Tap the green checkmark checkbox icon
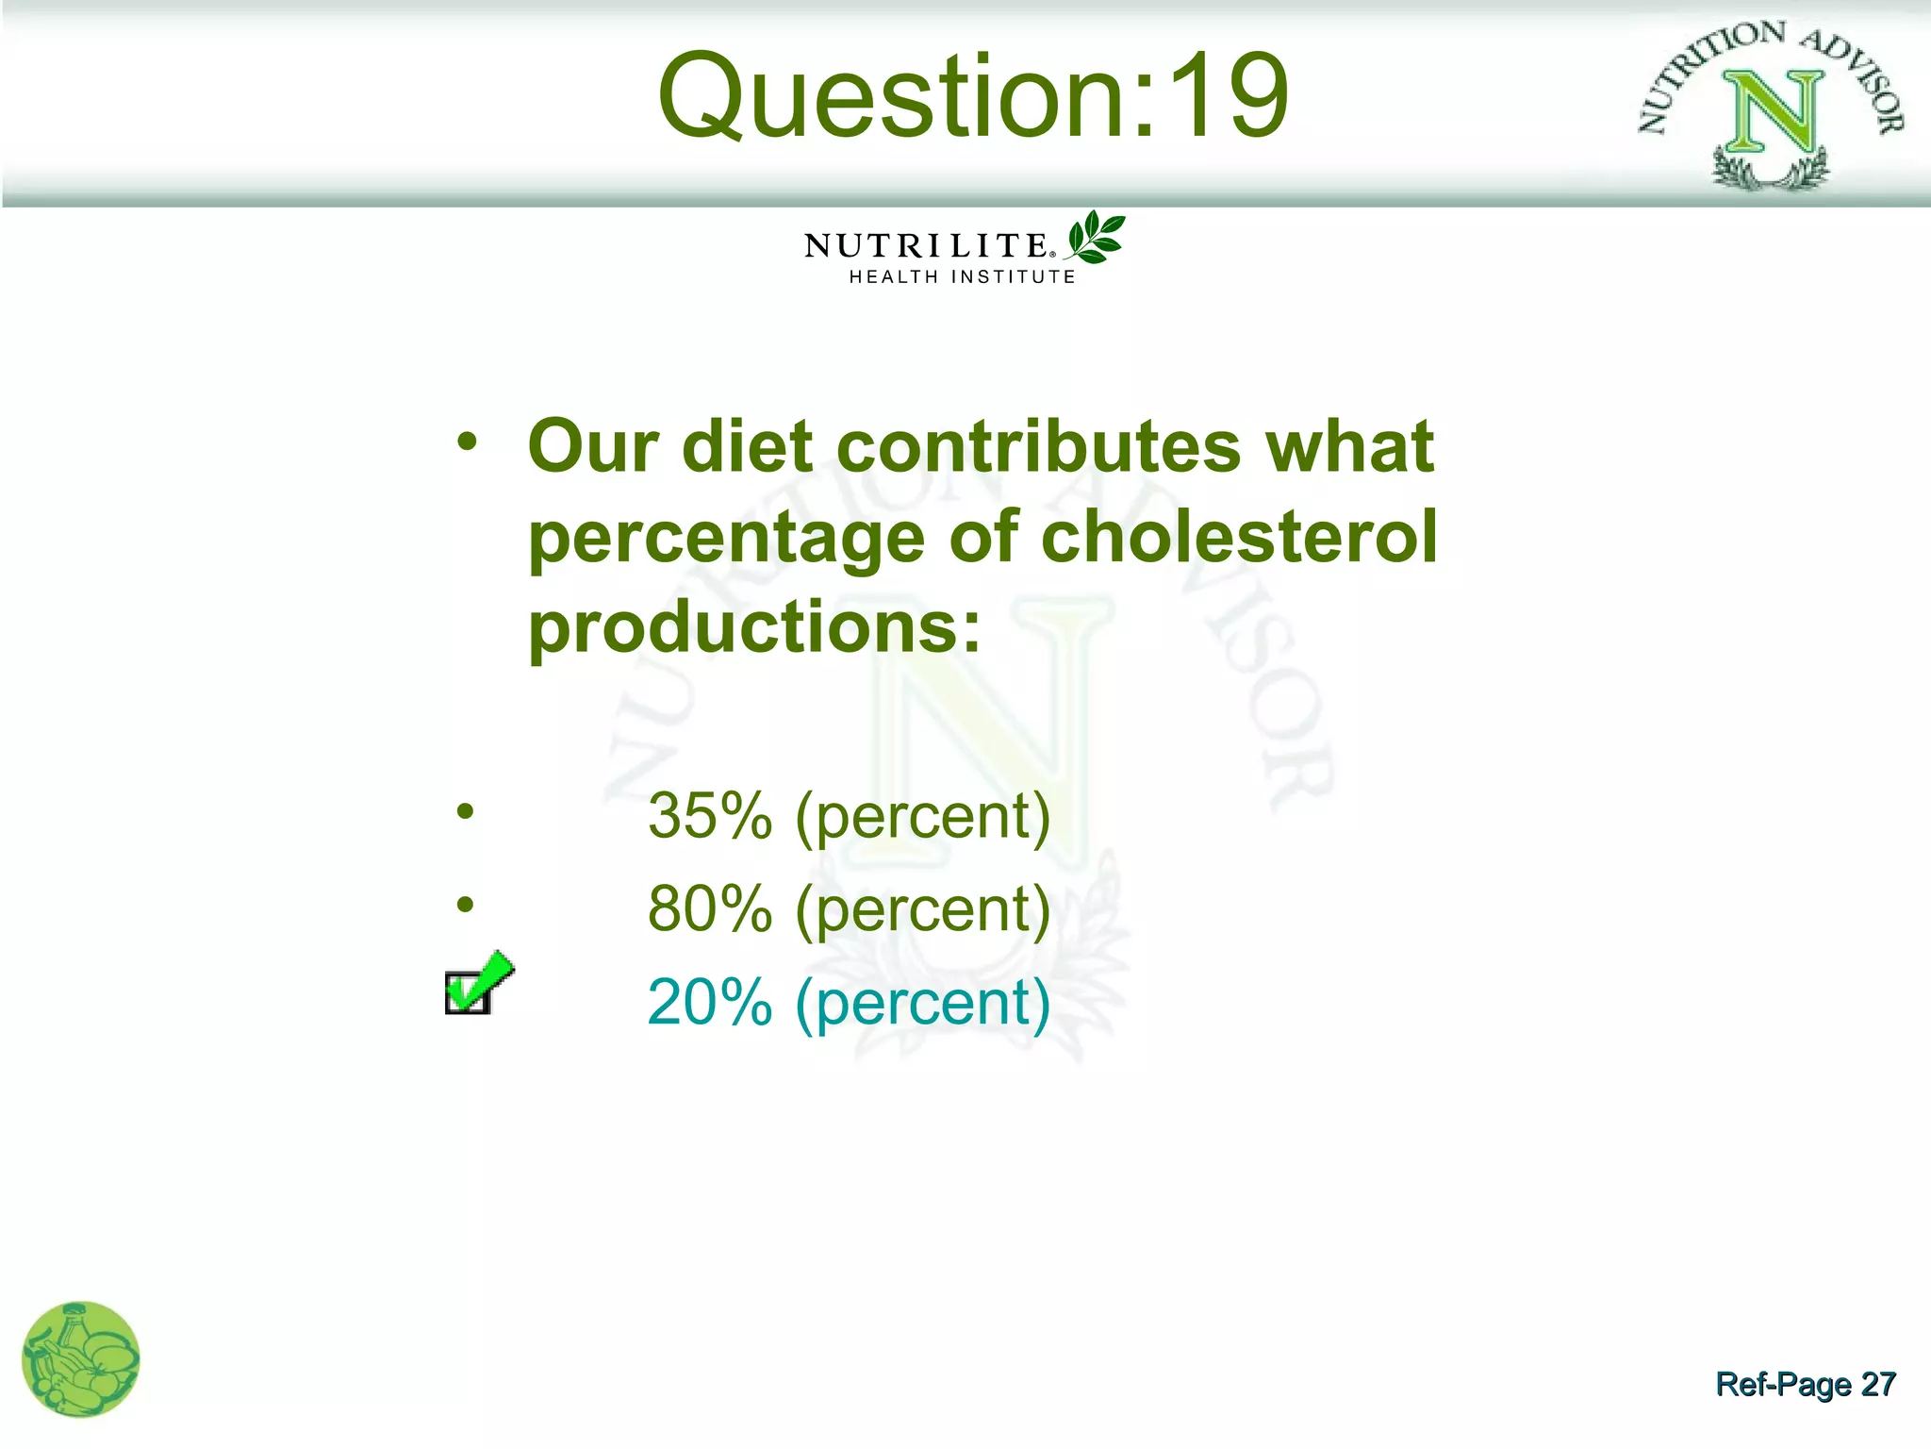click(x=478, y=984)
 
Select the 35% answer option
click(x=849, y=816)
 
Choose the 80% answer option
click(x=849, y=909)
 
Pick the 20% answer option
click(x=849, y=1002)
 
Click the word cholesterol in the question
click(x=1239, y=536)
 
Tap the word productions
click(x=754, y=626)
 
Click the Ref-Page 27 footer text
click(x=1805, y=1384)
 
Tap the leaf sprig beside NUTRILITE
click(x=1096, y=237)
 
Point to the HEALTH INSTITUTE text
click(x=962, y=277)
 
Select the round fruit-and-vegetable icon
click(x=81, y=1359)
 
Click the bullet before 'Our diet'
click(x=467, y=441)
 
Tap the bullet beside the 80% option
click(x=465, y=905)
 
